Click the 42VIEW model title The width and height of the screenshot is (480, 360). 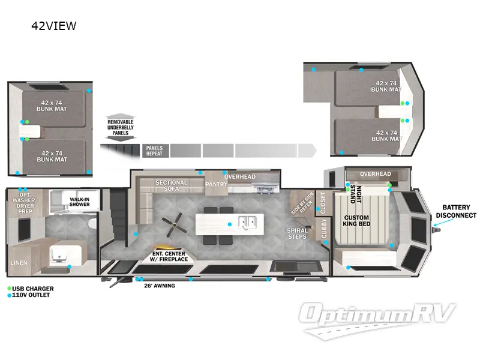click(x=54, y=26)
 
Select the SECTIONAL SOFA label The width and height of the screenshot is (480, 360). click(x=172, y=186)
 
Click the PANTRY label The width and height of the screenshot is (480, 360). click(x=216, y=184)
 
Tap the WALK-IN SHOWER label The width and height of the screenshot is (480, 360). click(x=79, y=202)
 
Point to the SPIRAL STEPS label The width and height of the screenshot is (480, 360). click(x=298, y=233)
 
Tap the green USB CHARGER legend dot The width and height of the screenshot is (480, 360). click(x=9, y=289)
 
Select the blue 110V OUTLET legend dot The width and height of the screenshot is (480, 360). click(x=9, y=295)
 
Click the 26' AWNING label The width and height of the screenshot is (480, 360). click(x=159, y=286)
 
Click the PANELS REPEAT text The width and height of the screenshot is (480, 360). click(x=154, y=150)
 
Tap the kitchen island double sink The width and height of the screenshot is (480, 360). click(x=246, y=223)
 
